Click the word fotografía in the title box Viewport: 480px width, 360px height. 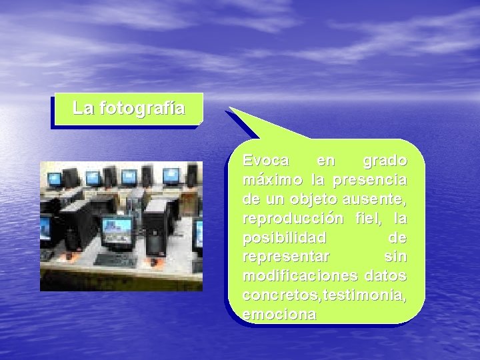click(142, 108)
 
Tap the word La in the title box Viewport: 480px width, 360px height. click(83, 108)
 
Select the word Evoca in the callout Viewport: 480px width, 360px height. click(266, 161)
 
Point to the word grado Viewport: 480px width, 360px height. click(385, 161)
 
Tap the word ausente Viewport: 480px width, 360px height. click(379, 199)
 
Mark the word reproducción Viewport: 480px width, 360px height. click(291, 219)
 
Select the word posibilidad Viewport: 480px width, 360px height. click(285, 238)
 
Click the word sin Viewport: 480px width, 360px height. click(396, 257)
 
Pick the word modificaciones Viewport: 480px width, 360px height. click(293, 276)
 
